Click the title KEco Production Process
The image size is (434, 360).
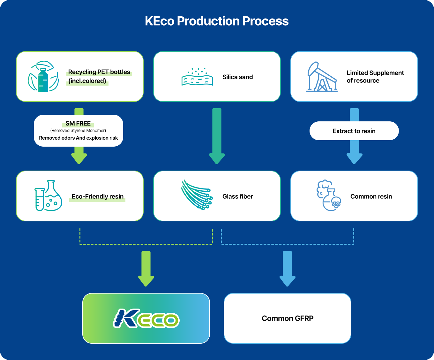pyautogui.click(x=217, y=21)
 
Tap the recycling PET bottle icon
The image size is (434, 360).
pyautogui.click(x=43, y=77)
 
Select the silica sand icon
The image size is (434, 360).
pyautogui.click(x=197, y=77)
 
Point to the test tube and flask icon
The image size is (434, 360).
pyautogui.click(x=48, y=195)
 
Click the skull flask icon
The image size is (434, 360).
pyautogui.click(x=329, y=195)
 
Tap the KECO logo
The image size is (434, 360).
pyautogui.click(x=146, y=318)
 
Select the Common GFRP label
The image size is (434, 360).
pyautogui.click(x=288, y=318)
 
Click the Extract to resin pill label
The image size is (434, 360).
pyautogui.click(x=354, y=131)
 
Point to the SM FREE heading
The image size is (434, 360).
pyautogui.click(x=78, y=123)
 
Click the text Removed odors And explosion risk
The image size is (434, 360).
pyautogui.click(x=79, y=138)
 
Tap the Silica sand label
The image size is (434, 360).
pyautogui.click(x=237, y=77)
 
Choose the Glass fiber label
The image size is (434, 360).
pyautogui.click(x=237, y=196)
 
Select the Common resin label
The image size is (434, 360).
pyautogui.click(x=371, y=196)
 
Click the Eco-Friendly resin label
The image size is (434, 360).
pyautogui.click(x=98, y=196)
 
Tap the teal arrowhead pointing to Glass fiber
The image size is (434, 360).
pyautogui.click(x=217, y=158)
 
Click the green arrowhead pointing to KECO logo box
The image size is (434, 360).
pyautogui.click(x=146, y=280)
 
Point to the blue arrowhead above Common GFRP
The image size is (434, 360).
pyautogui.click(x=288, y=280)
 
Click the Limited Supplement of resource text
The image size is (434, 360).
pyautogui.click(x=375, y=77)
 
